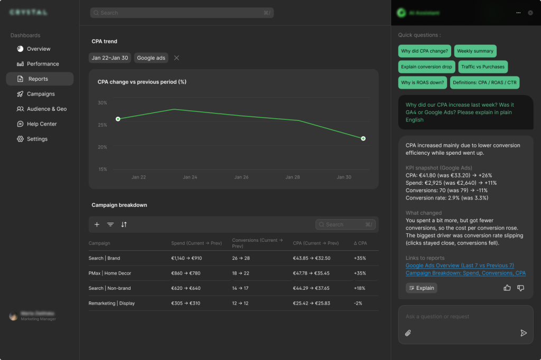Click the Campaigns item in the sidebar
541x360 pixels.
41,94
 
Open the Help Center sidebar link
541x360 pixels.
42,124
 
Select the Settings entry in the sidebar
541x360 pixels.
37,139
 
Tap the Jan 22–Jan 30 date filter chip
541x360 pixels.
110,58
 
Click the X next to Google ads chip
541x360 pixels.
176,58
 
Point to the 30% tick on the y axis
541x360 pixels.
102,103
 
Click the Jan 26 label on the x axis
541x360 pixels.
241,177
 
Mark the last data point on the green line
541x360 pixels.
363,138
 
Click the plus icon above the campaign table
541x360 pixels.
97,224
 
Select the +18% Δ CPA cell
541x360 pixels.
360,288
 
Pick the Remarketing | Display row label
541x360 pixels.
111,304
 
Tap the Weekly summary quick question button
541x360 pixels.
475,51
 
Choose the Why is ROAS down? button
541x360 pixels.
423,82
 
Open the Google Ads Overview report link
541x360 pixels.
460,266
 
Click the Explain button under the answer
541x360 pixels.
421,288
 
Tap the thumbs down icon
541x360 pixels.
520,288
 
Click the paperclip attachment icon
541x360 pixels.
408,333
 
